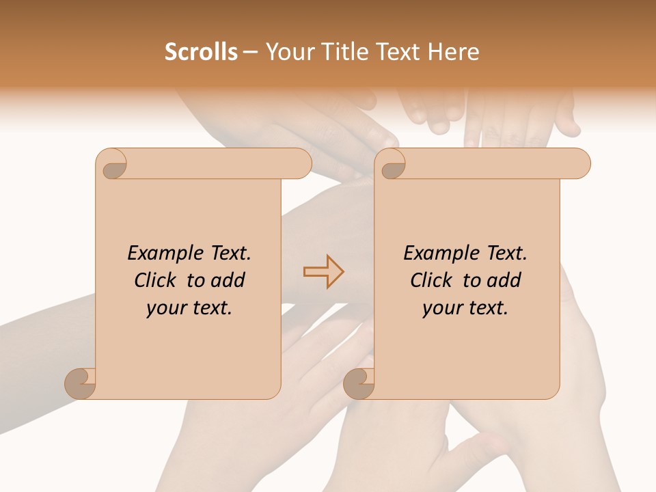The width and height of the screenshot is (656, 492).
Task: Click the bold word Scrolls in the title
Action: [201, 52]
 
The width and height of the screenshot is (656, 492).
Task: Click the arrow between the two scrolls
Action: [323, 272]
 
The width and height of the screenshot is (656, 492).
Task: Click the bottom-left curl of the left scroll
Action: [81, 383]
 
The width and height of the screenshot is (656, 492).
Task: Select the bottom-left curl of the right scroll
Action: [359, 383]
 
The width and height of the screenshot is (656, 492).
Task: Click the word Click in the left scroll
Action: [157, 280]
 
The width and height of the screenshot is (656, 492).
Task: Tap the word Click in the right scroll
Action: [433, 280]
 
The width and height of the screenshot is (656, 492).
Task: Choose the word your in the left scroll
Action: [165, 308]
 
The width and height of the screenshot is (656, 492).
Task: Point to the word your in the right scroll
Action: [441, 308]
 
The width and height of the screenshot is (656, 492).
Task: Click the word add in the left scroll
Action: [228, 280]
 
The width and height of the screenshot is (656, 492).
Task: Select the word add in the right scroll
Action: [504, 280]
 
